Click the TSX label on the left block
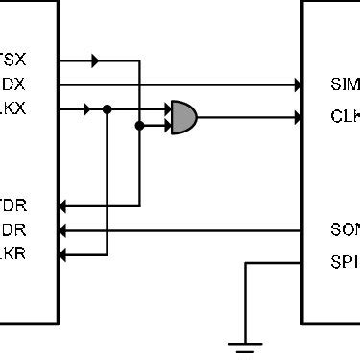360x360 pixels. (12, 60)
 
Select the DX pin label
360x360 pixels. (13, 84)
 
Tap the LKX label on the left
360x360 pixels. (13, 109)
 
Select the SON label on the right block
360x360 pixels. (344, 230)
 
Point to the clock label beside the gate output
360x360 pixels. (344, 118)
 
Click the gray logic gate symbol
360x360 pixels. (183, 117)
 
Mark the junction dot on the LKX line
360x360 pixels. (108, 109)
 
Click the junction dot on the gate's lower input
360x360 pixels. (140, 125)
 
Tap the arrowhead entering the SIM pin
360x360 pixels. (297, 85)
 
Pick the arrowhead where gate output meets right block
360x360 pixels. (297, 117)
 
